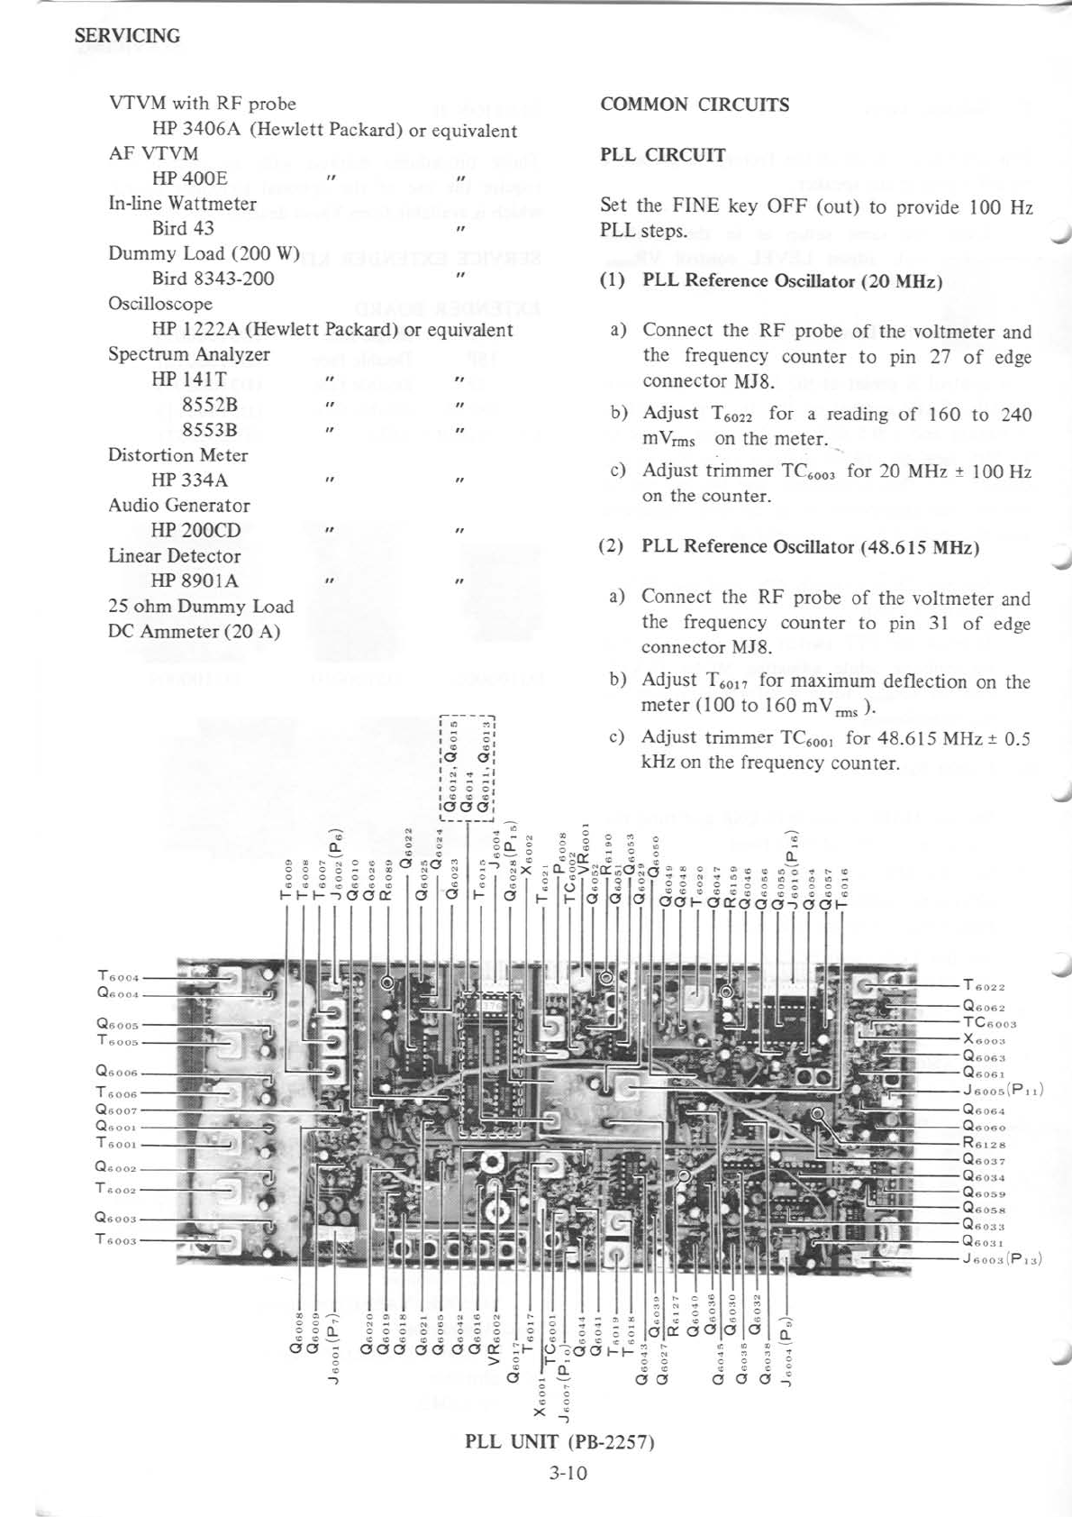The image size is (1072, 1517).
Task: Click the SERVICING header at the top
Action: coord(127,36)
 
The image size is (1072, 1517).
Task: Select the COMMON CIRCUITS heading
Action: coord(694,105)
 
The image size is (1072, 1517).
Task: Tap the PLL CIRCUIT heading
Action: coord(662,155)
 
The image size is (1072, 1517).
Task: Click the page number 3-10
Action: coord(568,1473)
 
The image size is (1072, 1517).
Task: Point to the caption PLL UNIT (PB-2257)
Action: coord(559,1441)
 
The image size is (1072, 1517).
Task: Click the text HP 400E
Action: coord(189,178)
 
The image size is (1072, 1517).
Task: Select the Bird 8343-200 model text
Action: coord(213,279)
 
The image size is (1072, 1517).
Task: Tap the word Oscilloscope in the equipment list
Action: coord(160,304)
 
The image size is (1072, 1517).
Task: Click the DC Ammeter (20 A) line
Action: coord(194,631)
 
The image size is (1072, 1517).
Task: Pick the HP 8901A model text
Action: coord(195,580)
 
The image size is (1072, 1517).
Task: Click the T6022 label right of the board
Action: coord(984,987)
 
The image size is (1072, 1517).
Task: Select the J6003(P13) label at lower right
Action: coord(1002,1258)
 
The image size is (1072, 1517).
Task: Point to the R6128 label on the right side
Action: coord(984,1144)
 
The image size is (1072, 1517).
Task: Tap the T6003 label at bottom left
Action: coord(116,1240)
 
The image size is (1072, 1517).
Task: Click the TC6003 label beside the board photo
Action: coord(989,1023)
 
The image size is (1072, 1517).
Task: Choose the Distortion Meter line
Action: coord(177,455)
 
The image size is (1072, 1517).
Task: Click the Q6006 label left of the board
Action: coord(117,1072)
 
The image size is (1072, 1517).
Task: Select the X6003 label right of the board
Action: coord(984,1040)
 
